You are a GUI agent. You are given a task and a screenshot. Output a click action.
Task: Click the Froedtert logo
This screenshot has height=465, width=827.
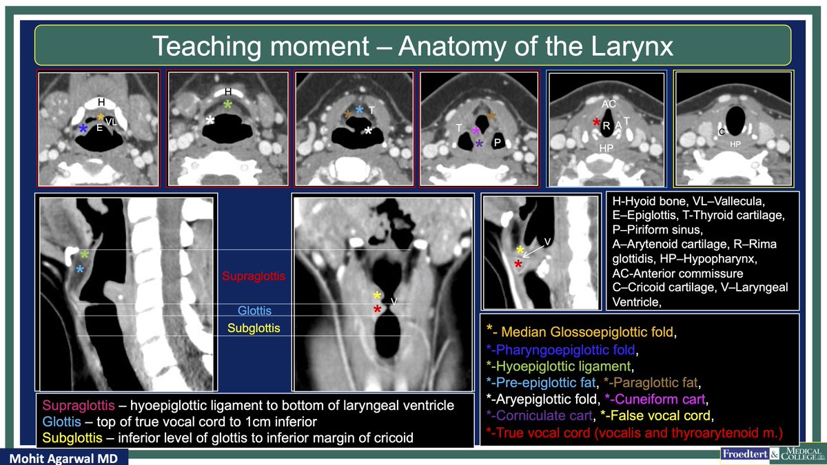point(753,454)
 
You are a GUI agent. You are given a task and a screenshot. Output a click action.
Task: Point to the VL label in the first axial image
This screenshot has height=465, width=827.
point(111,122)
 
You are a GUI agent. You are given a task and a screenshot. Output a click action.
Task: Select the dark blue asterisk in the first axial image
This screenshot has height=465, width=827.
point(83,129)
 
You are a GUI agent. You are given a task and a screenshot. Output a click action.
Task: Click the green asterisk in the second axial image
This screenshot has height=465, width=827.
point(228,104)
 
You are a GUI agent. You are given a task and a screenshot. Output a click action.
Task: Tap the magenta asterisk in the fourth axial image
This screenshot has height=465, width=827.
point(476,130)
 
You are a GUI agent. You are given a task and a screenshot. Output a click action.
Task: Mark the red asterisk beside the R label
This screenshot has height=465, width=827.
point(597,122)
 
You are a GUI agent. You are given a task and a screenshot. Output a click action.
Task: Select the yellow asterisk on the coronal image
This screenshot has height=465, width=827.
point(377,296)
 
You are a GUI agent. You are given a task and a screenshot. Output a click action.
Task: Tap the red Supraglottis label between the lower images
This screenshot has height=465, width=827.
point(254,276)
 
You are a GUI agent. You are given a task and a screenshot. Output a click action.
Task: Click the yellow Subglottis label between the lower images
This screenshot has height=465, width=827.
point(254,328)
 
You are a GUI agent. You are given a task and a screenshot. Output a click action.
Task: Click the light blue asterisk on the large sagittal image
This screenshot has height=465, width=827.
point(80,270)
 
